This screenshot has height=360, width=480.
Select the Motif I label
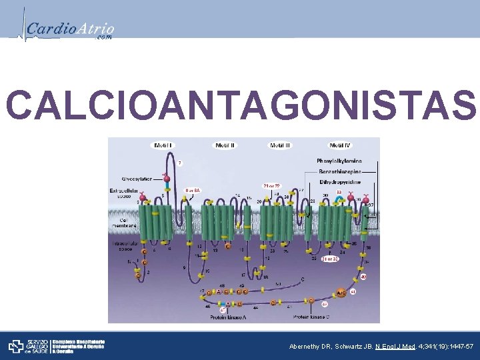point(164,145)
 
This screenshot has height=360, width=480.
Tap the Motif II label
point(224,145)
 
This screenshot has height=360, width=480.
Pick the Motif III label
point(280,145)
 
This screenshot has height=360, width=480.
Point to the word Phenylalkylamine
point(339,161)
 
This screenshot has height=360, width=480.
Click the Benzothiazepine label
point(341,171)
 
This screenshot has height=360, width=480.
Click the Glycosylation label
point(137,178)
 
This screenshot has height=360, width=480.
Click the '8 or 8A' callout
point(193,191)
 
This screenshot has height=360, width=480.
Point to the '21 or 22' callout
point(272,185)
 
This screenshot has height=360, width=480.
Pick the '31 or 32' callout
point(331,258)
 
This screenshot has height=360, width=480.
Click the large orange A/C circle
point(341,292)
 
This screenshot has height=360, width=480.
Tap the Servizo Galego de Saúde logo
point(27,346)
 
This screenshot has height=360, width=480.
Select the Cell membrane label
point(125,222)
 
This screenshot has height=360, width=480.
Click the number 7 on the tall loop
point(179,162)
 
